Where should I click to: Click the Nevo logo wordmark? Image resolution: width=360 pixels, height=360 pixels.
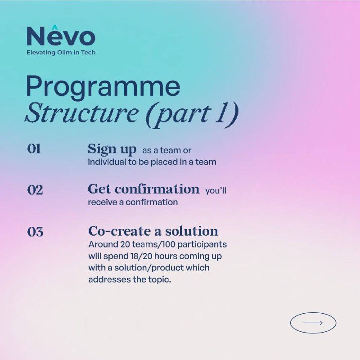(61, 36)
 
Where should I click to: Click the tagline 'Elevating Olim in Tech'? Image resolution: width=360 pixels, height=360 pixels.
(61, 53)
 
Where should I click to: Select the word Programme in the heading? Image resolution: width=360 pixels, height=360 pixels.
(103, 86)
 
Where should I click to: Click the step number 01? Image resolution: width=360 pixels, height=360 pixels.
(34, 149)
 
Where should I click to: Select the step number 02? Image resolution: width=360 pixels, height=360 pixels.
(35, 190)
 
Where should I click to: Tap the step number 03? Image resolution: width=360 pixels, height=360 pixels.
(35, 231)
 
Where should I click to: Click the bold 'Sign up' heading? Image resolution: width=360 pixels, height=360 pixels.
(112, 149)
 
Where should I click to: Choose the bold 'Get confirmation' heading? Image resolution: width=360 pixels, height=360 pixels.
(144, 189)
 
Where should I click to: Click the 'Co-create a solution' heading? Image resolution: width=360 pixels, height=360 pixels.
(153, 231)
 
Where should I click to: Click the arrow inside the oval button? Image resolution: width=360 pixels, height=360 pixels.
(312, 323)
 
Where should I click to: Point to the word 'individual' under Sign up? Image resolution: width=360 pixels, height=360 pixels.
(107, 162)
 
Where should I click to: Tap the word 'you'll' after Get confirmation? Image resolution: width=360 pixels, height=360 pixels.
(216, 190)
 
